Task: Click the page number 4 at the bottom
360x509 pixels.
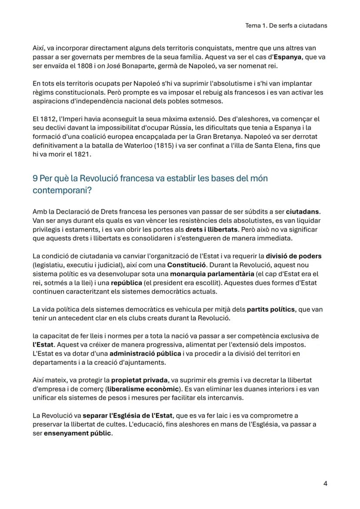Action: (325, 483)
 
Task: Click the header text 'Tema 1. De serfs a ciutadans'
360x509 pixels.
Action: (286, 26)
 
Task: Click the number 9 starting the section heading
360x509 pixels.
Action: (35, 179)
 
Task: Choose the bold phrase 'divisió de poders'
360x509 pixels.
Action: (293, 256)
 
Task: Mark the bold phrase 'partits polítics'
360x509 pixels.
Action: (271, 310)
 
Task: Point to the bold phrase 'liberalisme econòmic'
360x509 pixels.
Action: (143, 388)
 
